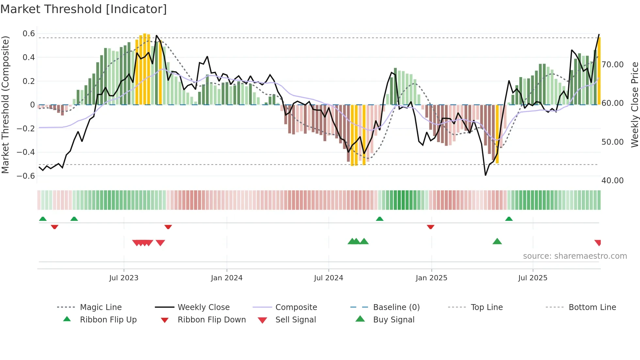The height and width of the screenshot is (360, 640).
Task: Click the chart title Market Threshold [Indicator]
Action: click(x=84, y=9)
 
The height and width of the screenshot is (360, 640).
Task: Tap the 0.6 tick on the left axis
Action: click(x=29, y=34)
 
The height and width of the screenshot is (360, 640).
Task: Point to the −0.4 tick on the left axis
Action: click(x=26, y=152)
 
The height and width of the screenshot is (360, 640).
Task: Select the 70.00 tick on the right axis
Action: click(x=613, y=65)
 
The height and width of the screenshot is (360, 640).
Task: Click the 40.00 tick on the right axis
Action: click(x=613, y=181)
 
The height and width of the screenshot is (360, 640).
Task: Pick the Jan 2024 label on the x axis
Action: click(x=227, y=278)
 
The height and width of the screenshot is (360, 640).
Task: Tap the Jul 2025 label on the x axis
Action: click(x=533, y=278)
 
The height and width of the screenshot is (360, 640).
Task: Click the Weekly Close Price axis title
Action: click(x=634, y=105)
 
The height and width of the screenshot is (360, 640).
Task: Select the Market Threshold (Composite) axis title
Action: click(x=5, y=105)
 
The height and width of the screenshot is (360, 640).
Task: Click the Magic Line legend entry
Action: click(x=101, y=307)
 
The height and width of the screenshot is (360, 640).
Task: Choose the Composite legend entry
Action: click(x=296, y=307)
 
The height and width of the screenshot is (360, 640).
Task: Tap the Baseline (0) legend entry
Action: click(x=396, y=307)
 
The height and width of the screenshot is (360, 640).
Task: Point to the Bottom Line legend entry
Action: click(x=592, y=307)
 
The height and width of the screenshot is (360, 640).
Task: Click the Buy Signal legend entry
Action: click(x=393, y=320)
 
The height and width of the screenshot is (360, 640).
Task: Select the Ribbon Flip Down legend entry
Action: click(x=211, y=320)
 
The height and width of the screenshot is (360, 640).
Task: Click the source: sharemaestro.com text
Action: click(x=575, y=256)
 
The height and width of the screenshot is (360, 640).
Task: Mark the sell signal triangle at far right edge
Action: click(x=598, y=242)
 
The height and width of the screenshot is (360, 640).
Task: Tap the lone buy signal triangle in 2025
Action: click(x=497, y=242)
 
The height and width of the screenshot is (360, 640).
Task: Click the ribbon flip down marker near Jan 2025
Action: click(x=430, y=227)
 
